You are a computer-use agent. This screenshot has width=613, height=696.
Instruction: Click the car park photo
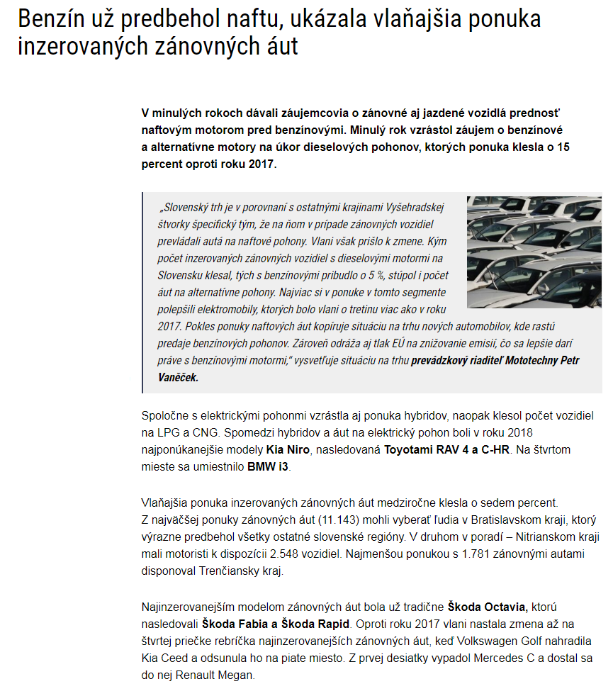(x=534, y=252)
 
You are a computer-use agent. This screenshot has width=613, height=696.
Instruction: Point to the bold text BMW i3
(x=269, y=467)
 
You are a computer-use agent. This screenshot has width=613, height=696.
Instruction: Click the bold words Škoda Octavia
(x=488, y=607)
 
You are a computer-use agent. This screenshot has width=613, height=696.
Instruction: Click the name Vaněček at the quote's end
(x=178, y=378)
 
